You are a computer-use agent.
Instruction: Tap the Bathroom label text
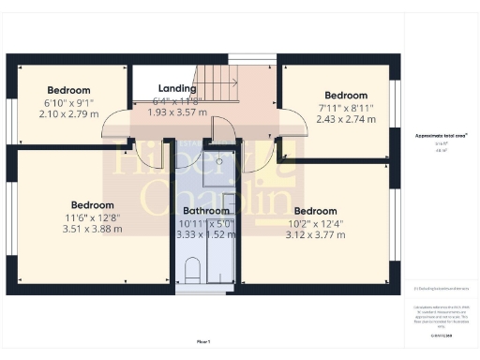coord(206,211)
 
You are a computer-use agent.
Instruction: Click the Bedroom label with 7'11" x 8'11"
coord(346,96)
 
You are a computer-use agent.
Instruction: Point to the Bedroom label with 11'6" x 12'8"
coord(92,204)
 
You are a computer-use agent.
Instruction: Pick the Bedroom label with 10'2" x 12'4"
coord(314,211)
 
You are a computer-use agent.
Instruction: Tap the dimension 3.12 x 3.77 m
coord(314,234)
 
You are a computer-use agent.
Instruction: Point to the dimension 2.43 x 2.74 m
coord(346,119)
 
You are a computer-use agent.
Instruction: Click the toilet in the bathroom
coord(192,271)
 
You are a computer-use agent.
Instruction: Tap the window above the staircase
coord(251,59)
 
